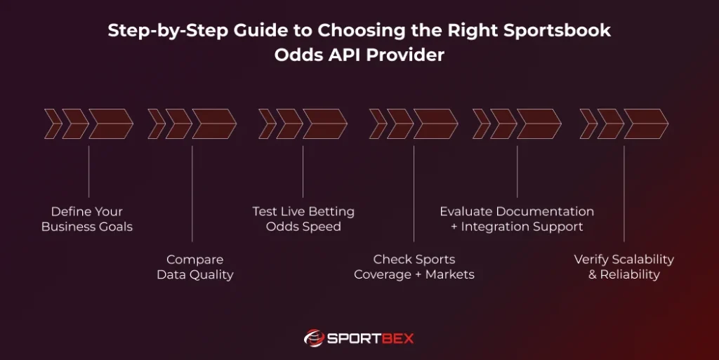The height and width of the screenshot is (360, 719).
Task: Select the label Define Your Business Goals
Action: pos(87,219)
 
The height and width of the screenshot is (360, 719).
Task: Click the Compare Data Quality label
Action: pos(194,267)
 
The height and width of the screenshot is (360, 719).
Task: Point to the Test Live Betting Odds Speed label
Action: pos(303,219)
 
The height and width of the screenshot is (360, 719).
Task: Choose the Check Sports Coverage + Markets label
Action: pos(414,267)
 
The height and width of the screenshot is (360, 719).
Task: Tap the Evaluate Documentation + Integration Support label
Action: pos(517,219)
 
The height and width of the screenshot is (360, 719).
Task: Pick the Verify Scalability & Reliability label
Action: pos(624,267)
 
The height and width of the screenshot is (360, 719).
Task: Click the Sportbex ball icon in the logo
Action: pos(313,338)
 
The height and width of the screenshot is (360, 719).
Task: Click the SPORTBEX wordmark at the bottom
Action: pos(371,339)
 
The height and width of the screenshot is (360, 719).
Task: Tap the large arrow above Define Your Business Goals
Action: pos(110,124)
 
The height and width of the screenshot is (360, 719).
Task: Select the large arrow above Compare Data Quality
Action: pos(213,124)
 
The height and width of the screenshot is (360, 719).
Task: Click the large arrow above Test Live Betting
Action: pos(324,124)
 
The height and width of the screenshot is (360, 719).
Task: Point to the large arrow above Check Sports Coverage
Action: pos(435,124)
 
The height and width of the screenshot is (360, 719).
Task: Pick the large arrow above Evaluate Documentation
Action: pos(538,124)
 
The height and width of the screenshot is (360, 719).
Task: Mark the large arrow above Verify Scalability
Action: pos(645,124)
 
